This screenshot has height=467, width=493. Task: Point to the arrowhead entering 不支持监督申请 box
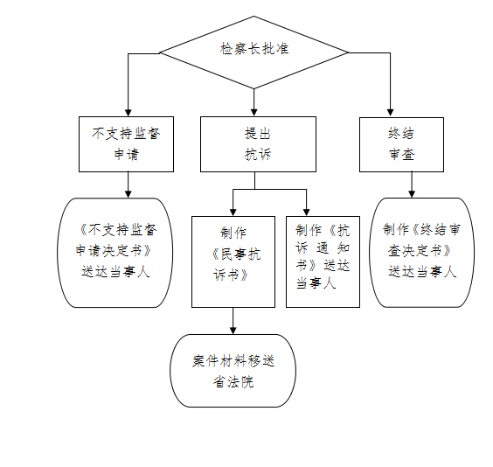click(x=128, y=113)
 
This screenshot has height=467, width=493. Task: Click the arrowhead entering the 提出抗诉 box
click(x=254, y=113)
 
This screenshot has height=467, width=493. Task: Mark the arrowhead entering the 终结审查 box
click(x=390, y=113)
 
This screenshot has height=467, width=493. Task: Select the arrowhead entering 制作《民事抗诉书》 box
click(x=233, y=213)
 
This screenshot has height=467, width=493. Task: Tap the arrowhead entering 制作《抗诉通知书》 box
click(x=306, y=213)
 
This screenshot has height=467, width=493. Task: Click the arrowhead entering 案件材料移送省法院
click(x=233, y=331)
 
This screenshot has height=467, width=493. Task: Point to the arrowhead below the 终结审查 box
click(x=412, y=194)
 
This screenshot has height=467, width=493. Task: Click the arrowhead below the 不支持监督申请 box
click(x=128, y=194)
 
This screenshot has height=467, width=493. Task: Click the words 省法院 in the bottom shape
click(x=233, y=382)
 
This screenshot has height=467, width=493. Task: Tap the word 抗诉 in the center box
click(x=258, y=155)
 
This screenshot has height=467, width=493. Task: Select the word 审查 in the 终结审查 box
click(x=401, y=155)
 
